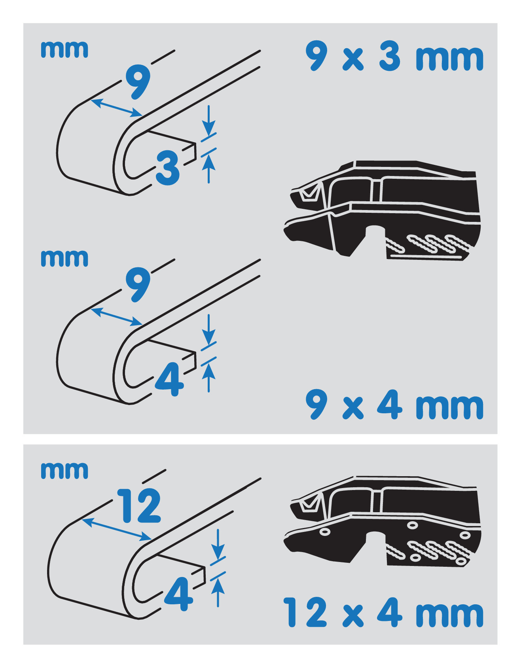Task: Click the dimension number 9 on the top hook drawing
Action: click(138, 81)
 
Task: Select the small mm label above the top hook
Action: click(64, 50)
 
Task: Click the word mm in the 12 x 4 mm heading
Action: click(449, 615)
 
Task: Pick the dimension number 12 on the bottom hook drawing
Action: click(139, 505)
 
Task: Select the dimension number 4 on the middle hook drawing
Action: click(170, 379)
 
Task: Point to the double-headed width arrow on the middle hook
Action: click(117, 317)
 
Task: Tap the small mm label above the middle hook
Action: click(64, 259)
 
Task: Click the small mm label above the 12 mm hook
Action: click(64, 471)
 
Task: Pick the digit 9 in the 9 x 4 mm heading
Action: click(317, 404)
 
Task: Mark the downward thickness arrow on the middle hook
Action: click(209, 329)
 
